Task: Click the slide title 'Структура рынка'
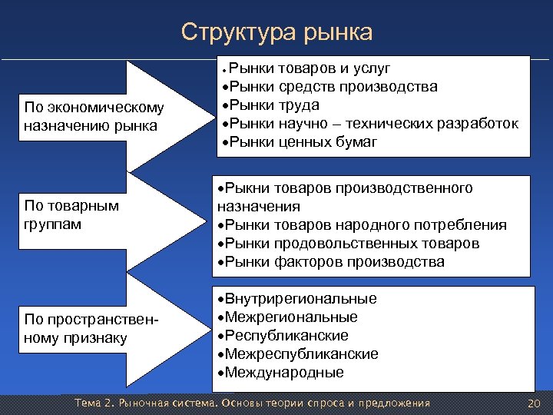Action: click(276, 32)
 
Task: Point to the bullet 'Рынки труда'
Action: click(269, 105)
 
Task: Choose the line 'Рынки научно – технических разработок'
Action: click(368, 124)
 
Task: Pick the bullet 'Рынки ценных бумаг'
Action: click(298, 142)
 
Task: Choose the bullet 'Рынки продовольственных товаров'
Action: click(349, 244)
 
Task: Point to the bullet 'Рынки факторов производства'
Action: click(331, 262)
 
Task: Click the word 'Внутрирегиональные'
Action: click(298, 299)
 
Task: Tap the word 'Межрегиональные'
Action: click(288, 317)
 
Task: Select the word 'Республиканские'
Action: click(283, 336)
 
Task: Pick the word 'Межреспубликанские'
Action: click(299, 354)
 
